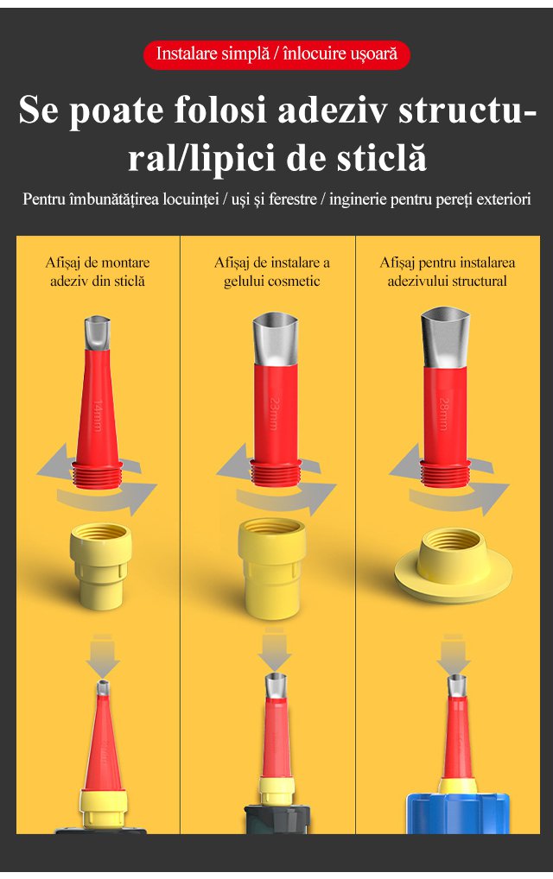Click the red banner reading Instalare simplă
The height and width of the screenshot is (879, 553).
(x=276, y=55)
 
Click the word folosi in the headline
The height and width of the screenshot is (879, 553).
(x=219, y=110)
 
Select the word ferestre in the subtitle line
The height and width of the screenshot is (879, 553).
(x=293, y=199)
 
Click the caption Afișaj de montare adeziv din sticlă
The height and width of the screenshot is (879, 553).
(x=98, y=272)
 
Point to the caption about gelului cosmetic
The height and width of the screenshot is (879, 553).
(x=272, y=272)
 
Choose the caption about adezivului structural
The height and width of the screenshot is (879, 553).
(x=447, y=272)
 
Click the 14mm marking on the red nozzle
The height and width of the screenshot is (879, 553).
(x=97, y=415)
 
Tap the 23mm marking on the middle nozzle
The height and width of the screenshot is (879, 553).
(x=274, y=414)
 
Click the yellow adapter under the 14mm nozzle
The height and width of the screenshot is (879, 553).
(x=101, y=566)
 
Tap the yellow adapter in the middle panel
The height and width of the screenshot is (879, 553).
(x=272, y=568)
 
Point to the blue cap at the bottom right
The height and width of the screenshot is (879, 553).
(x=458, y=813)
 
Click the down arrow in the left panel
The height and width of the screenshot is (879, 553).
(x=102, y=656)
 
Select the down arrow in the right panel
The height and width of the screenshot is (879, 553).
(x=454, y=655)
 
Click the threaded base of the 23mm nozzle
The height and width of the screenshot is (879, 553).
(x=276, y=472)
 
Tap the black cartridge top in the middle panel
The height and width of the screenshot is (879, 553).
(x=277, y=819)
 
